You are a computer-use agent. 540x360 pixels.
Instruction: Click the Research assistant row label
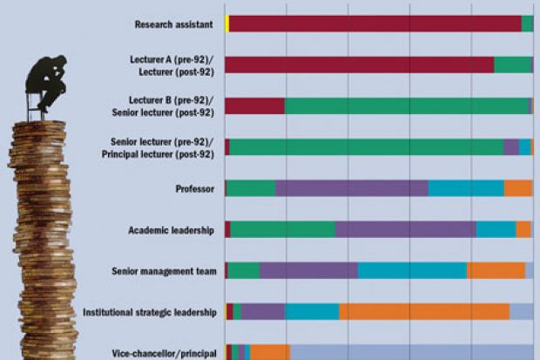(174, 24)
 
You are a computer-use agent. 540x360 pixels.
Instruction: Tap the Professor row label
(195, 188)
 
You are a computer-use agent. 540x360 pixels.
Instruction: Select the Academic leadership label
(171, 230)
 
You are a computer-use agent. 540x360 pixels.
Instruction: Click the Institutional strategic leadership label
(149, 312)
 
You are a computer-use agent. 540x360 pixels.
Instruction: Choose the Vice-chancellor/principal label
(164, 353)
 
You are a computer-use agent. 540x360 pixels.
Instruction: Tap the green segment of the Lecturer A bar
(512, 65)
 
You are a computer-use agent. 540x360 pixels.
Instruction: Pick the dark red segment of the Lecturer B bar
(254, 105)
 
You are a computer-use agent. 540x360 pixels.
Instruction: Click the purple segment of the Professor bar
(351, 188)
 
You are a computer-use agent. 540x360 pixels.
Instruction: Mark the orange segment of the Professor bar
(518, 188)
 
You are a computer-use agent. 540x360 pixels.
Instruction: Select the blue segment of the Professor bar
(466, 188)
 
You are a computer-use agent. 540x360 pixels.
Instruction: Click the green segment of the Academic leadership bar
(283, 229)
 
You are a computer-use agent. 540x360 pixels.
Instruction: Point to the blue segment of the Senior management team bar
(412, 270)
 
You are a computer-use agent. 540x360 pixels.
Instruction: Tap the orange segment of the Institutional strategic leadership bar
(424, 311)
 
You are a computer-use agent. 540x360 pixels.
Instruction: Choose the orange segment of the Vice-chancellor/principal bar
(270, 352)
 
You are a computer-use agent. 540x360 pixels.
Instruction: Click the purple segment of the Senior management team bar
(308, 270)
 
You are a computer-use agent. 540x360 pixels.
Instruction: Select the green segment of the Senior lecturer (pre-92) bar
(366, 147)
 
